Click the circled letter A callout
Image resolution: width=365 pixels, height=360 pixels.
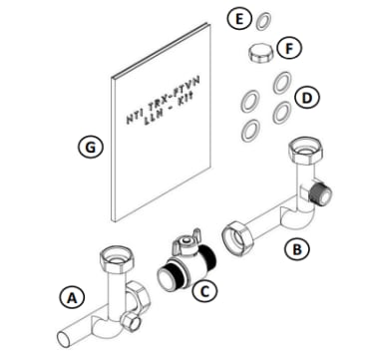pos(70,295)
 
